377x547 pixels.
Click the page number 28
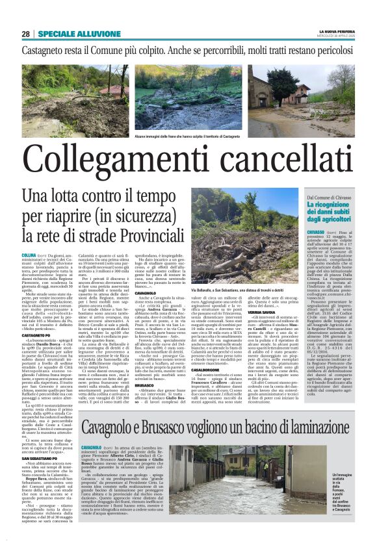(x=25, y=34)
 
